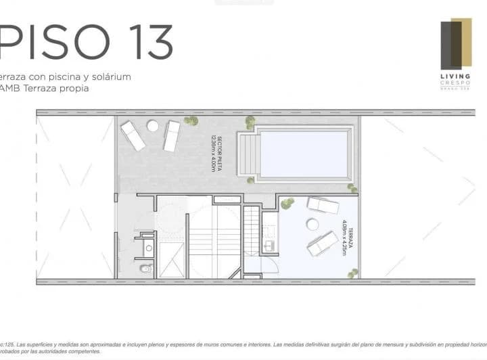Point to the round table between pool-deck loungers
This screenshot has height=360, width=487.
click(x=153, y=126)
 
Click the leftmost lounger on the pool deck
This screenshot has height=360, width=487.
click(x=133, y=135)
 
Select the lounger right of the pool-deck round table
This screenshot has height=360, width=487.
click(x=172, y=135)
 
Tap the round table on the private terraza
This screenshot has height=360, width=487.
click(x=313, y=224)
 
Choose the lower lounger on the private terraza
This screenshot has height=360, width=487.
click(x=323, y=243)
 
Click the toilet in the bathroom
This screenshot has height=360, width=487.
click(x=144, y=269)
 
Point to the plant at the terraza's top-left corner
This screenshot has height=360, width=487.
click(x=287, y=203)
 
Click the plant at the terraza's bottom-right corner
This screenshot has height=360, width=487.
click(x=352, y=273)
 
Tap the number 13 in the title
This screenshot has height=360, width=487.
click(x=144, y=42)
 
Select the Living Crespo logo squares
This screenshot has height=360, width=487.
click(x=455, y=45)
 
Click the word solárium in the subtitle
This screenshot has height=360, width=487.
click(x=109, y=76)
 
